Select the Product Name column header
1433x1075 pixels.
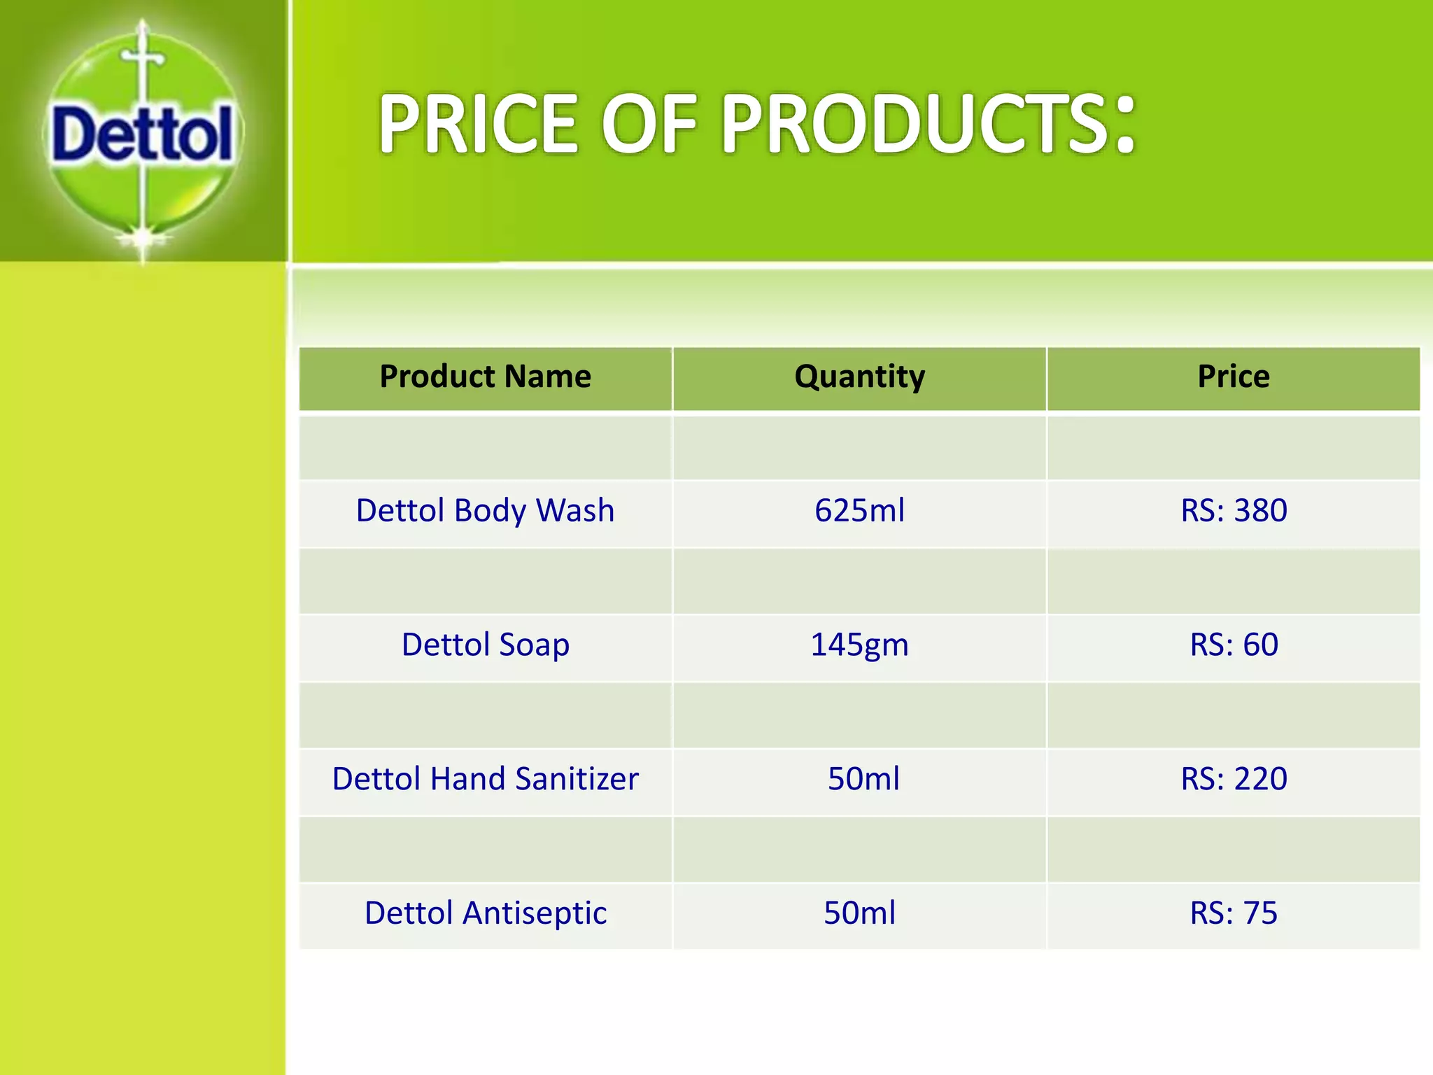tap(485, 377)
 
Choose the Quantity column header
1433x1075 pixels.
tap(859, 377)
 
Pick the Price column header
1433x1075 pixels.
tap(1234, 377)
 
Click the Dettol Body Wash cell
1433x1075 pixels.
tap(485, 510)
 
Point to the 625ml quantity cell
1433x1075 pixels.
tap(859, 510)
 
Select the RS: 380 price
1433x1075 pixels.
tap(1234, 510)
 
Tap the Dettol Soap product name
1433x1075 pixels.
tap(485, 645)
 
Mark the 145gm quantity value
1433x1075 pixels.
tap(859, 645)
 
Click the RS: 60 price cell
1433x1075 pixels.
tap(1234, 645)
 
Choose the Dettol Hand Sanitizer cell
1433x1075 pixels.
tap(485, 779)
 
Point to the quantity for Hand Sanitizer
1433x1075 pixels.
tap(863, 779)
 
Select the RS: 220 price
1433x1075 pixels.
tap(1234, 779)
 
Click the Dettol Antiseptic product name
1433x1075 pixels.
tap(485, 913)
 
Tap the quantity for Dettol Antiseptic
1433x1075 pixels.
tap(859, 913)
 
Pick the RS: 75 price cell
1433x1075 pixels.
tap(1234, 913)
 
